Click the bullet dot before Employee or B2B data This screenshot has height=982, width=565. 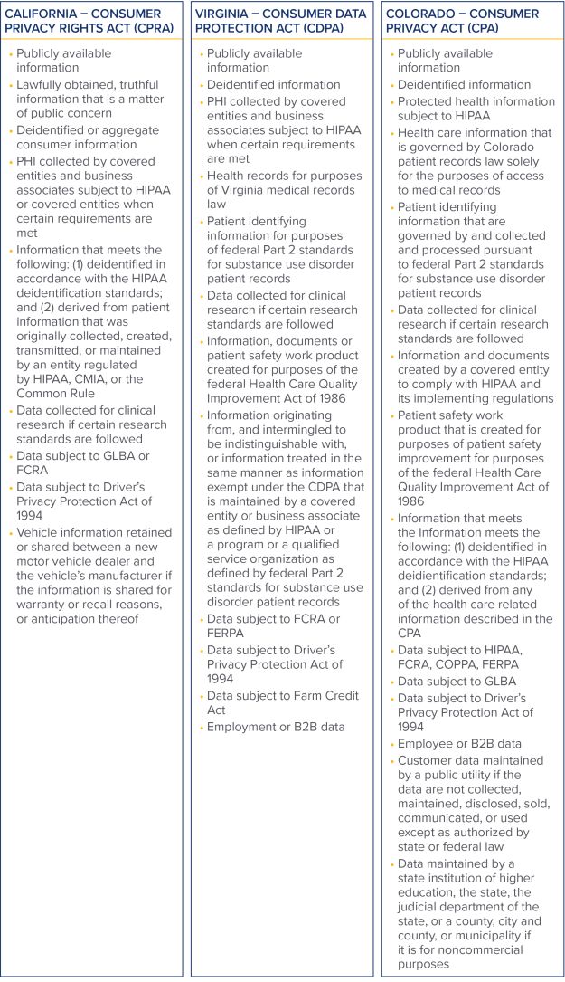point(392,744)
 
